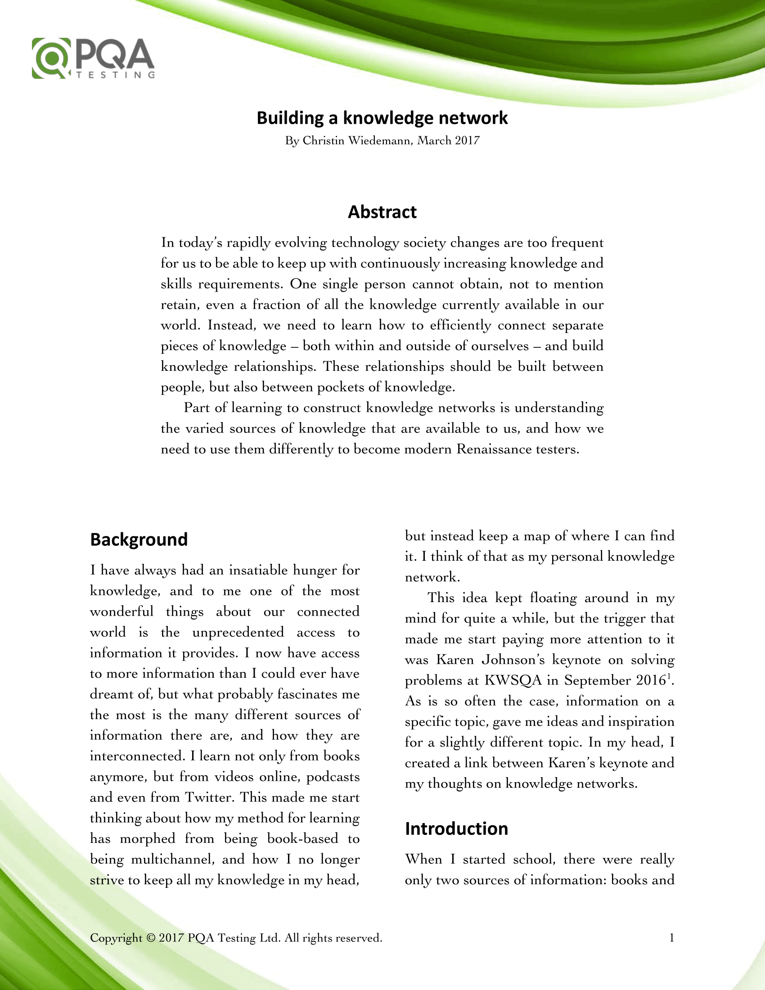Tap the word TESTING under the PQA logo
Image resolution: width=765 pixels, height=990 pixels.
[x=116, y=75]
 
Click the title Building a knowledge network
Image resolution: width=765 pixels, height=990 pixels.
[x=382, y=118]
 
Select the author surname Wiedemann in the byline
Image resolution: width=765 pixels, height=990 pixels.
[x=380, y=140]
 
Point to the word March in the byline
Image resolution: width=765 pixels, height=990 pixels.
[x=434, y=140]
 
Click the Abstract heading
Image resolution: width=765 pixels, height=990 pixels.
[x=382, y=212]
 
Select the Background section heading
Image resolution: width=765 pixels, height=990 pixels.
[x=139, y=540]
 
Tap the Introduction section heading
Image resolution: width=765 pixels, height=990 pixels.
[x=456, y=828]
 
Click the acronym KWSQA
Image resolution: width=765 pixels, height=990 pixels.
[x=513, y=680]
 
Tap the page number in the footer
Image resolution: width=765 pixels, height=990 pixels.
[x=672, y=937]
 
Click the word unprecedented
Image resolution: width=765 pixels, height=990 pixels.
[x=238, y=632]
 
